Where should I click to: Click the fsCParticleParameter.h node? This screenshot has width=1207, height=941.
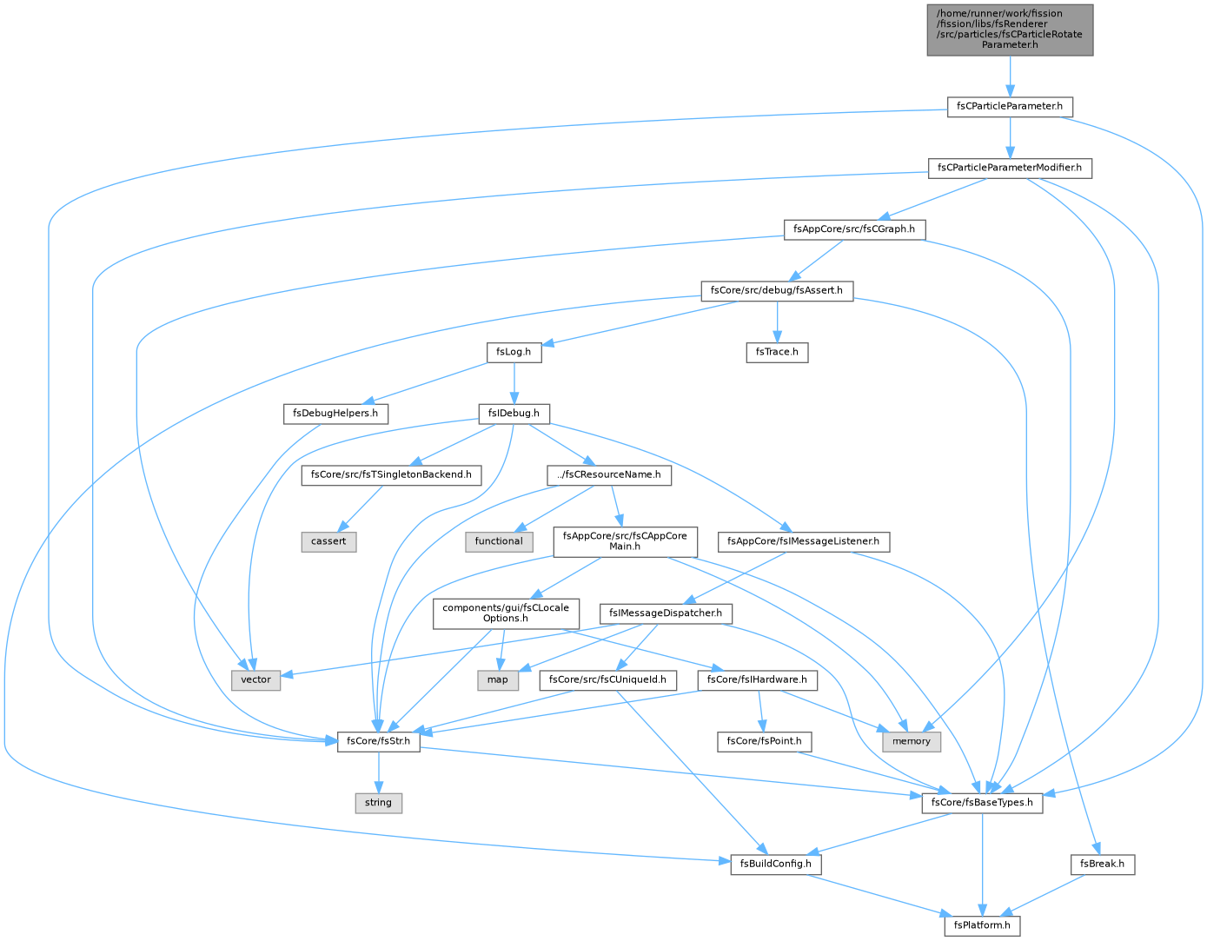1009,107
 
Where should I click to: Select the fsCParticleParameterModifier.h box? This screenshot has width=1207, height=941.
1009,168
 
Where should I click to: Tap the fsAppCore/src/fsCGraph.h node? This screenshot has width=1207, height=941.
853,229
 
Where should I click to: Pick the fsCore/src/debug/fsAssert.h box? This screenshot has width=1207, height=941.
777,291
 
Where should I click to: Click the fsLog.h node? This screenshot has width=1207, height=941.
514,352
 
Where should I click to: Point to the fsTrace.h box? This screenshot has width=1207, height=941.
777,352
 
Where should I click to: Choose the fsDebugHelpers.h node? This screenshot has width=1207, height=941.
335,414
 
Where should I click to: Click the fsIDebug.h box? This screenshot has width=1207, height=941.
514,414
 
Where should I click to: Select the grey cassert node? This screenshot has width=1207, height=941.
328,541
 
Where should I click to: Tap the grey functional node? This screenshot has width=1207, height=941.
499,541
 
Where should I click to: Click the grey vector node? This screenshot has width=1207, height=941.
255,680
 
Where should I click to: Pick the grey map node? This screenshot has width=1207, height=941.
497,680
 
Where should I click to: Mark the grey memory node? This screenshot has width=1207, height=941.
911,742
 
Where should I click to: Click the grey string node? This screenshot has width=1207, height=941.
378,803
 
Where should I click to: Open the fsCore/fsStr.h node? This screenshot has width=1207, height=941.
378,742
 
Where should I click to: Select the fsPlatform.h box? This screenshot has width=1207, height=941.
981,925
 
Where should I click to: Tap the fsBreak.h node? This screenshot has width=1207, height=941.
1102,865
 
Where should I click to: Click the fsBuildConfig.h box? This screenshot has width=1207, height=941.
775,865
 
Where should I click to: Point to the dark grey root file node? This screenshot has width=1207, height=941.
1009,30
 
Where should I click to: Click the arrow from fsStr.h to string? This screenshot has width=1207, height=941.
378,772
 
